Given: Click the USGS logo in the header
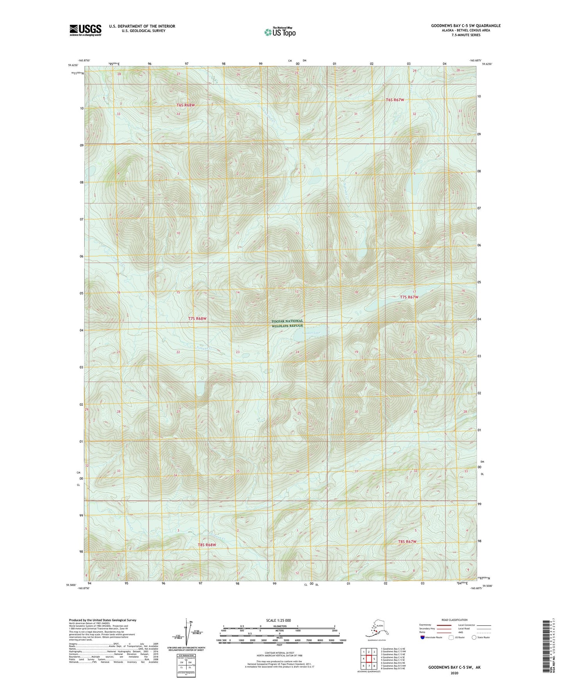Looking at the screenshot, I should coord(85,30).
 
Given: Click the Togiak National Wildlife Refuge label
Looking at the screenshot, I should coord(287,323).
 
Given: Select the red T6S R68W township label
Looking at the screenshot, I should coord(185,105).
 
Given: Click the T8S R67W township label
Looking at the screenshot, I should coord(407,541).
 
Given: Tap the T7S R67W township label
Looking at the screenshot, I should coord(409,297).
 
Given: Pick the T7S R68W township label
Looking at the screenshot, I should coord(197,318).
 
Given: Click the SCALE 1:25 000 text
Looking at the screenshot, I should coord(279,620).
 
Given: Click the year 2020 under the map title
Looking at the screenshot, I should coord(454,672).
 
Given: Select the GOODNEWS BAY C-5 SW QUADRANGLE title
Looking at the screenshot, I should coord(466,26).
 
